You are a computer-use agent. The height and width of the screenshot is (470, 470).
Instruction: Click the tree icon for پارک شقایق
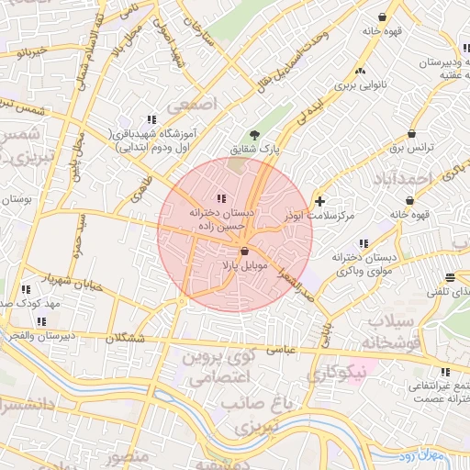click(x=255, y=135)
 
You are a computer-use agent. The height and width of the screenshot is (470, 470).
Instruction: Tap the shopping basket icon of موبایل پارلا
click(x=245, y=252)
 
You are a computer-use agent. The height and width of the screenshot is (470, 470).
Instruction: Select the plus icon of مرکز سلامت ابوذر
click(x=319, y=201)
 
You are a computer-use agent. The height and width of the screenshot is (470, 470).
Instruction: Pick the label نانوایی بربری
click(x=354, y=85)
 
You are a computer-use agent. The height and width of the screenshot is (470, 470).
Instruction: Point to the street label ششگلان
click(x=126, y=338)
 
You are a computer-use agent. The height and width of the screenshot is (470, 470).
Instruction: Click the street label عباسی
click(x=280, y=349)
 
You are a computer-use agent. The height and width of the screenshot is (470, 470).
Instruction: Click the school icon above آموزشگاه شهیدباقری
click(x=151, y=119)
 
